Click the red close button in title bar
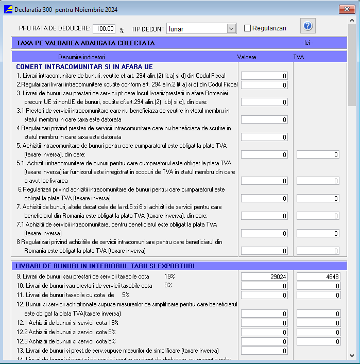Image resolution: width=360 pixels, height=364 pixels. (345, 9)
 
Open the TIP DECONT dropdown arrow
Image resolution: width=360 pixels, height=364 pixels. (231, 29)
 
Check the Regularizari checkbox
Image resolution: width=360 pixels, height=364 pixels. (248, 28)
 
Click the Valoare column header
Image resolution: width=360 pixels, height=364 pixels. (247, 57)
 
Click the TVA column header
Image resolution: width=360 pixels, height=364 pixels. (299, 57)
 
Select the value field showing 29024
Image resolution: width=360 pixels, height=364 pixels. (264, 276)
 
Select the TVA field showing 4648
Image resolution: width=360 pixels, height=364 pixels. (318, 276)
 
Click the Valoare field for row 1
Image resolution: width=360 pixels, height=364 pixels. (264, 76)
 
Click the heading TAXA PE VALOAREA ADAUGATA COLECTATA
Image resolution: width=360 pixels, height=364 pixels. (85, 43)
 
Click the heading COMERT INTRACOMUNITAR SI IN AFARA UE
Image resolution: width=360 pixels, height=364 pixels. (84, 67)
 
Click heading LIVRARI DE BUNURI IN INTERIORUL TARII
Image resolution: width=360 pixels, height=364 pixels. (105, 266)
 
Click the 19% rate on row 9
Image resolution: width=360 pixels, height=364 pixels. (169, 276)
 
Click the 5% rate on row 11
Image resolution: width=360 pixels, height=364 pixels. (126, 295)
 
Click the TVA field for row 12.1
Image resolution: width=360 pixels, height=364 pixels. (318, 323)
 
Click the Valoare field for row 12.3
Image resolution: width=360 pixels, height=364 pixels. (264, 341)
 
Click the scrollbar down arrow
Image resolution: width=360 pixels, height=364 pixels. (352, 355)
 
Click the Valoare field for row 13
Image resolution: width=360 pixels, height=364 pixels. (264, 351)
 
